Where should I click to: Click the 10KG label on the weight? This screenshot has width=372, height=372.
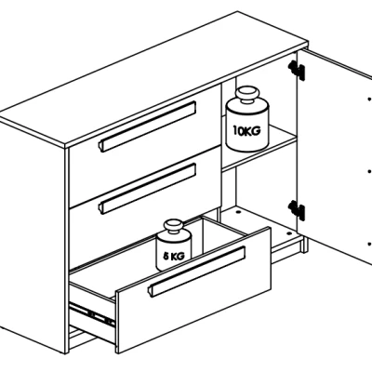(x=246, y=130)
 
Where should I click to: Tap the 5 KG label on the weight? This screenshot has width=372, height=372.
(x=174, y=256)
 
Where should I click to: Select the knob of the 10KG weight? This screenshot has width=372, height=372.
(x=247, y=95)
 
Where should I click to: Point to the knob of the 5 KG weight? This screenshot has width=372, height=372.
(x=174, y=226)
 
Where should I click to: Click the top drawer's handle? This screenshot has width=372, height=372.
(x=147, y=126)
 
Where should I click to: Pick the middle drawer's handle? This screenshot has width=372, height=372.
(x=147, y=189)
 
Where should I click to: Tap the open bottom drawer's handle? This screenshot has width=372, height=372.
(x=197, y=272)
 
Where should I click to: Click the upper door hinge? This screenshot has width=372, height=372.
(x=297, y=71)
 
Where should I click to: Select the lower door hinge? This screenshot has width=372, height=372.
(x=297, y=210)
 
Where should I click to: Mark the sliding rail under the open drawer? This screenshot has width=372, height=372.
(x=92, y=314)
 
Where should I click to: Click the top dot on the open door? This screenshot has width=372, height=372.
(x=369, y=100)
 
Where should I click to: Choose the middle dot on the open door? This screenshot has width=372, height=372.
(x=369, y=171)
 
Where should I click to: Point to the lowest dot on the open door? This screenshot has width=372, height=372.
(x=369, y=244)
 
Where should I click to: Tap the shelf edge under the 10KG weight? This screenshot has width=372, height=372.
(x=259, y=154)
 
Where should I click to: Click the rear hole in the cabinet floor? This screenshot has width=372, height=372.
(x=238, y=213)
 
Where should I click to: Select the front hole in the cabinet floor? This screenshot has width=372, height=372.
(x=289, y=232)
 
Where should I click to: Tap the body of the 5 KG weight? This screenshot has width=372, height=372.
(x=174, y=250)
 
